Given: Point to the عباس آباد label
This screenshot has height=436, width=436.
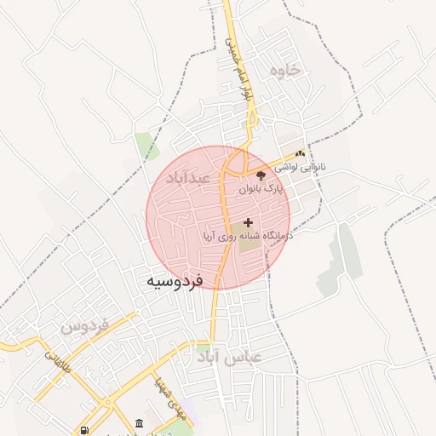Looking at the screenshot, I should point(253,359).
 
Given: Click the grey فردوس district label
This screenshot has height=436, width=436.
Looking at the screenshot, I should point(86,325).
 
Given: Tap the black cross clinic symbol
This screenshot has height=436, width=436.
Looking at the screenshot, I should point(248,221).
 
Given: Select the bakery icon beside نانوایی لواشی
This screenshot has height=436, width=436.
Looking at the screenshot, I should point(300,154).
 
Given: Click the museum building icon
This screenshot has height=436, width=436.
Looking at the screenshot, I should point(139,423).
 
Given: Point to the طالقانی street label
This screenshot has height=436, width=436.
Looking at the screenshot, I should point(54,361).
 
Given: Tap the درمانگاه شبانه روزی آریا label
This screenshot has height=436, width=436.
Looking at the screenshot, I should point(248,233).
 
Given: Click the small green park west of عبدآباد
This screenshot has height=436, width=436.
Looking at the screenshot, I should point(147,146).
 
